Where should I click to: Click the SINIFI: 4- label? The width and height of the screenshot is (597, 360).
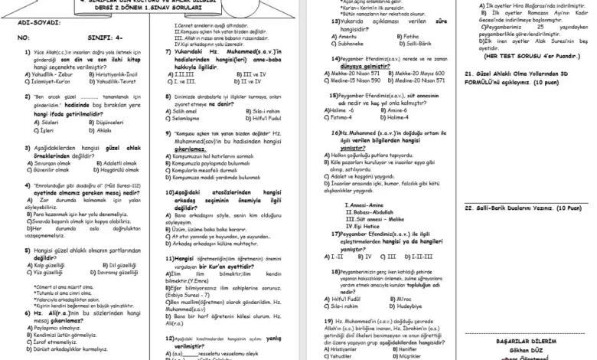(80, 36)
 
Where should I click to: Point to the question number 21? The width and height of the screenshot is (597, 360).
(468, 73)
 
